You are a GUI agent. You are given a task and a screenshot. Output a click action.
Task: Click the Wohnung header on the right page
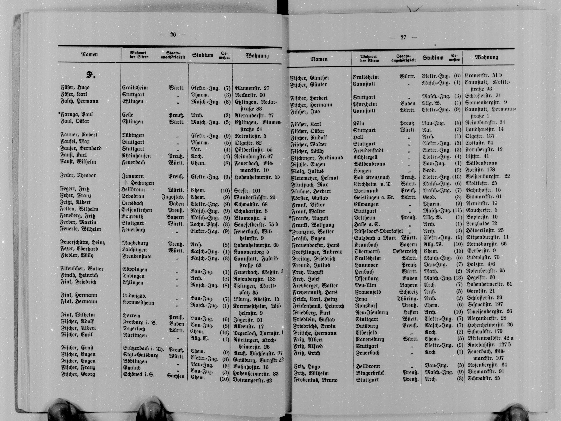click(486, 57)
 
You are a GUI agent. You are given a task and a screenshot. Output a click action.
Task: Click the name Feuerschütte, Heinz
click(82, 242)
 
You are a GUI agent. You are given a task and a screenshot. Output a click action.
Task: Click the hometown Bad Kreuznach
click(372, 177)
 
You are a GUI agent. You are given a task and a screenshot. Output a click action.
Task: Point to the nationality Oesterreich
click(405, 251)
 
